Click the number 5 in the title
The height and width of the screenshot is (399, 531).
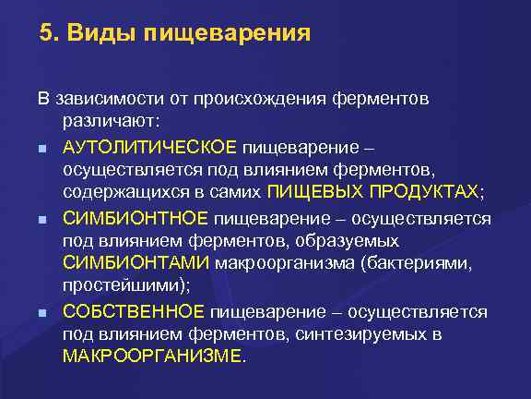point(46,34)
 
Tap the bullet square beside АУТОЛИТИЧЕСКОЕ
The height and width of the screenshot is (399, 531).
point(43,147)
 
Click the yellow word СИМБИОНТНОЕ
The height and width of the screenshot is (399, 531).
point(137,218)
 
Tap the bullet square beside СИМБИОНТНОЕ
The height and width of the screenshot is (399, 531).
point(43,219)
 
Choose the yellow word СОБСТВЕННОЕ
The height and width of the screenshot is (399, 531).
point(135,311)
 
